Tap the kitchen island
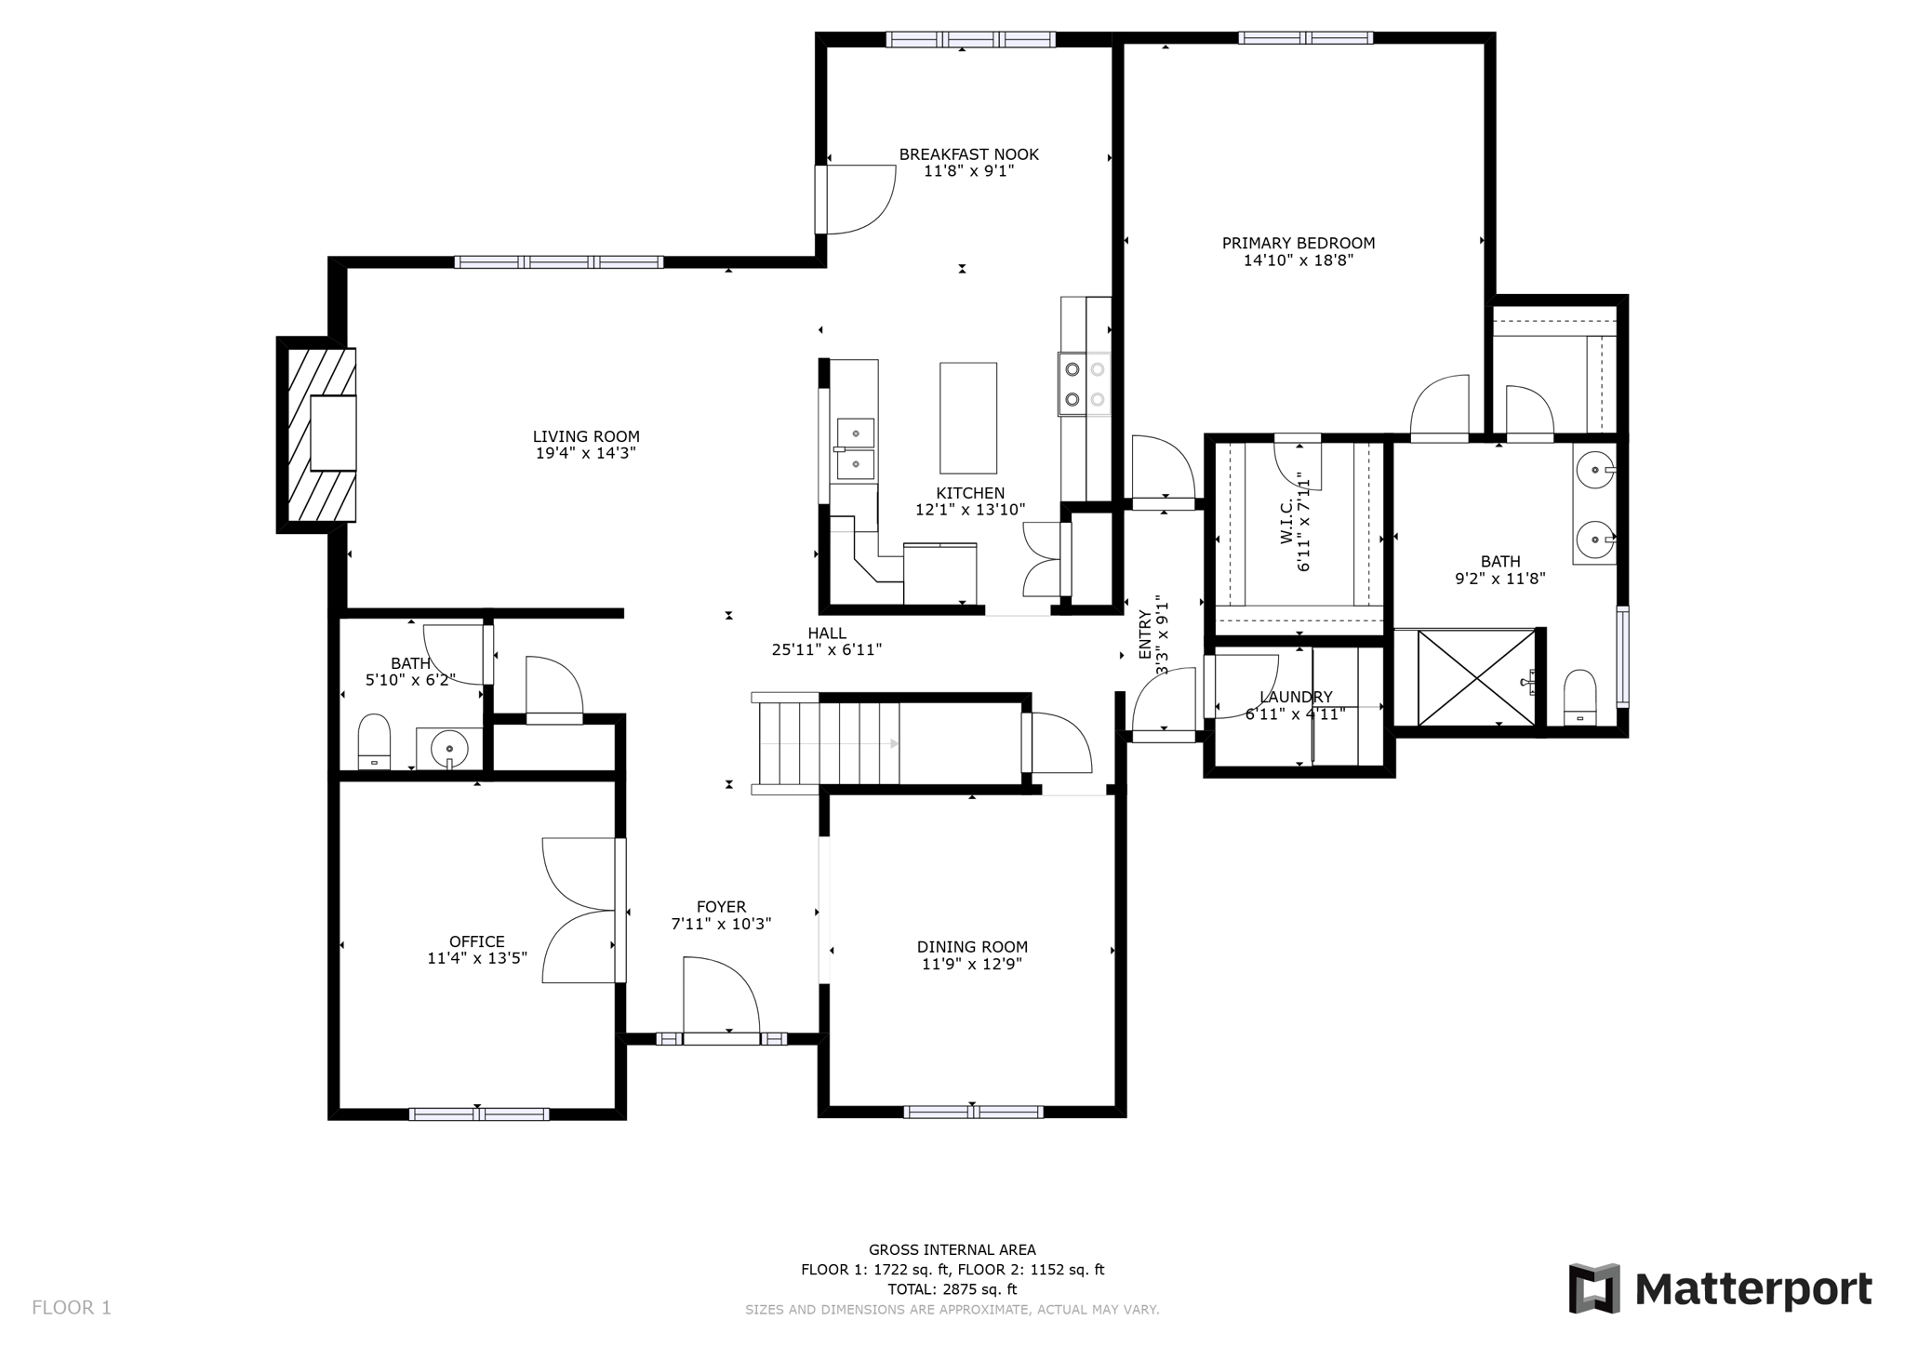coord(967,418)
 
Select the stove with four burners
coord(1085,383)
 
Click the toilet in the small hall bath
coord(374,740)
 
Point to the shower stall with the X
coord(1475,677)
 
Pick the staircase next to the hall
coord(828,743)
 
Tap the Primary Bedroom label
coord(1298,243)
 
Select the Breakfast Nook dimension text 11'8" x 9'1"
coord(967,171)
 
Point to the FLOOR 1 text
coord(72,1307)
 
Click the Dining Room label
coord(972,947)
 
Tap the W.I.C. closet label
coord(1286,522)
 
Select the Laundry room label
coord(1295,697)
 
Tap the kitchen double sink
coord(855,447)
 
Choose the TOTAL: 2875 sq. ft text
coord(952,1288)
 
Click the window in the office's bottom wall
coord(478,1114)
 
